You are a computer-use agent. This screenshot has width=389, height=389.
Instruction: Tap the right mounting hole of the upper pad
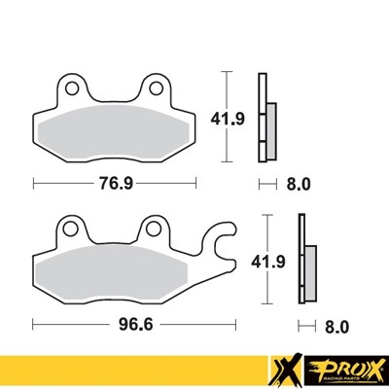[x=156, y=89]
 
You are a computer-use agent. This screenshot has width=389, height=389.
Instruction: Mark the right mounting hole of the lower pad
[x=153, y=230]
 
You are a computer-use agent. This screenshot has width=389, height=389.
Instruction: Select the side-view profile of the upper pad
[x=264, y=117]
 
